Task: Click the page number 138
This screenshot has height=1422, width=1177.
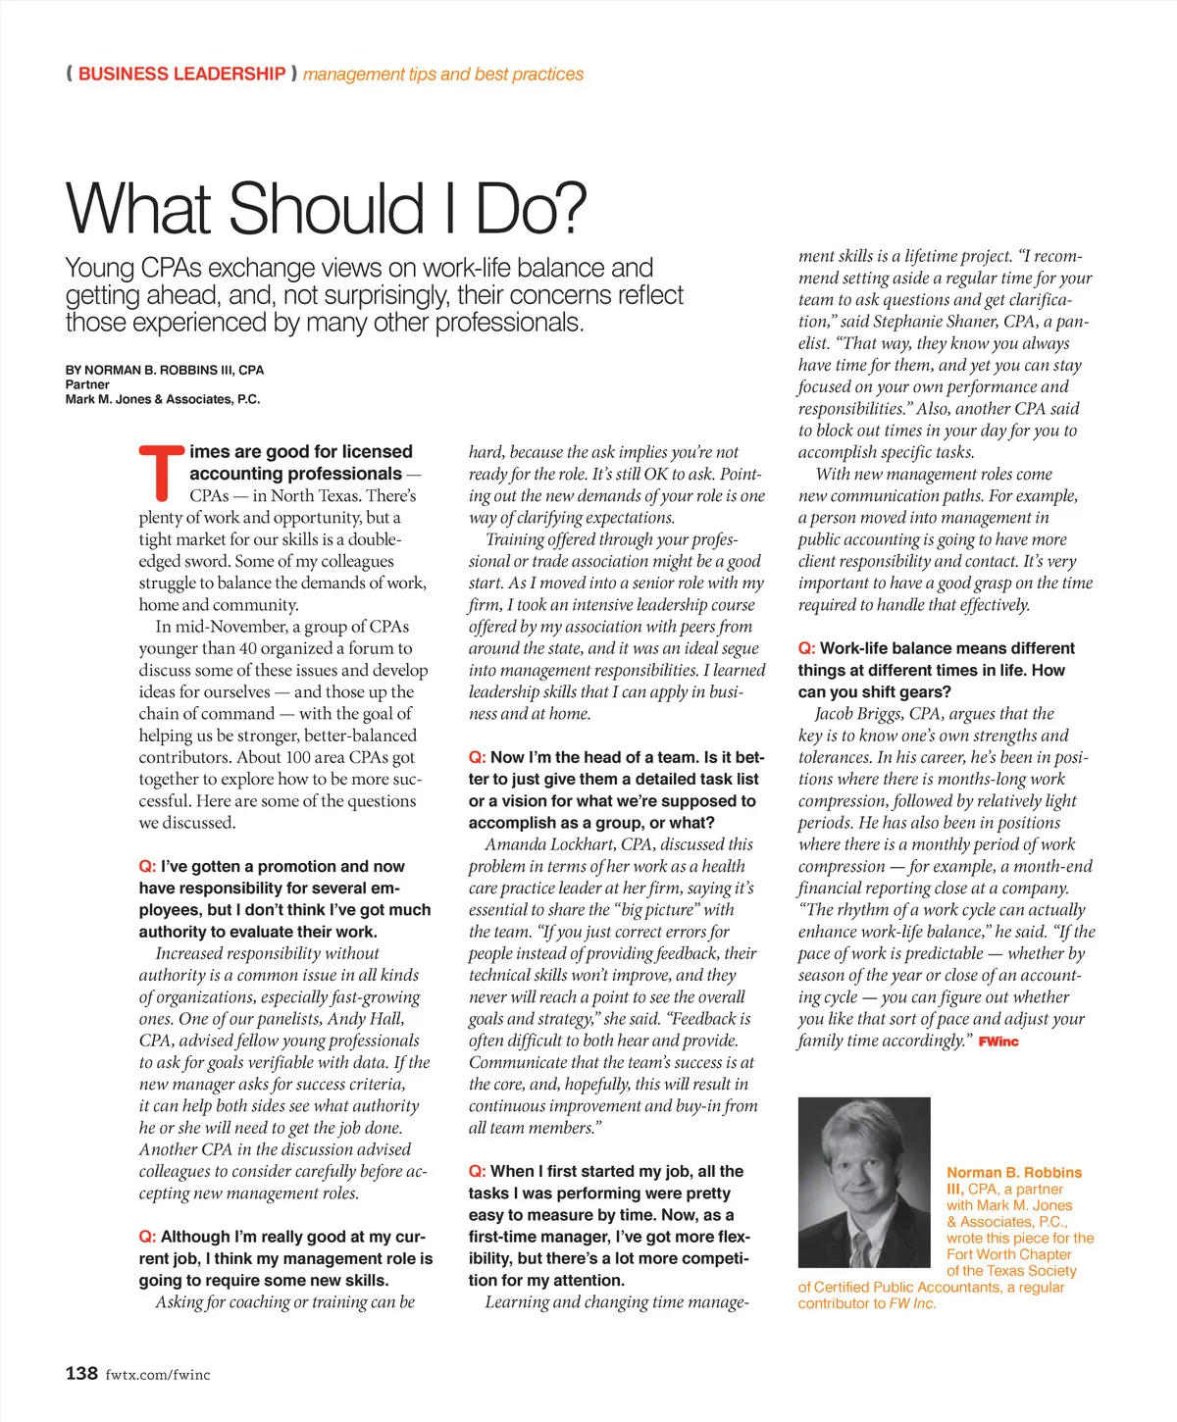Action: pos(81,1373)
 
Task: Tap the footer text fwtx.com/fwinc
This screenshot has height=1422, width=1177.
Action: pos(158,1375)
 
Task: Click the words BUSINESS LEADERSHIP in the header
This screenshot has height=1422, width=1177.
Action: pos(181,74)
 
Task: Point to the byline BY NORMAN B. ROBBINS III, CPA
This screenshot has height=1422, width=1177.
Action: pos(165,370)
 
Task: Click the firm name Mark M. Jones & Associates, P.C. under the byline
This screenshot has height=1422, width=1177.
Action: pos(163,399)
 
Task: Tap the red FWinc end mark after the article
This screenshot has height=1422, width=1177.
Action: pos(998,1041)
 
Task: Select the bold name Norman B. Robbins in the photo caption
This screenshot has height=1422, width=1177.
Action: pos(1014,1172)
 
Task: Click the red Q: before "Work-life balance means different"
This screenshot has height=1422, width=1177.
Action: pos(806,648)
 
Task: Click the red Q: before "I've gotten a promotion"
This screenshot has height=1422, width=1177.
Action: pos(147,866)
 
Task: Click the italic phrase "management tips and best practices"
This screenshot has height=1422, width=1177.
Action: pos(443,74)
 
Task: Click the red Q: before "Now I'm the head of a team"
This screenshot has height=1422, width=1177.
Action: pos(477,757)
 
